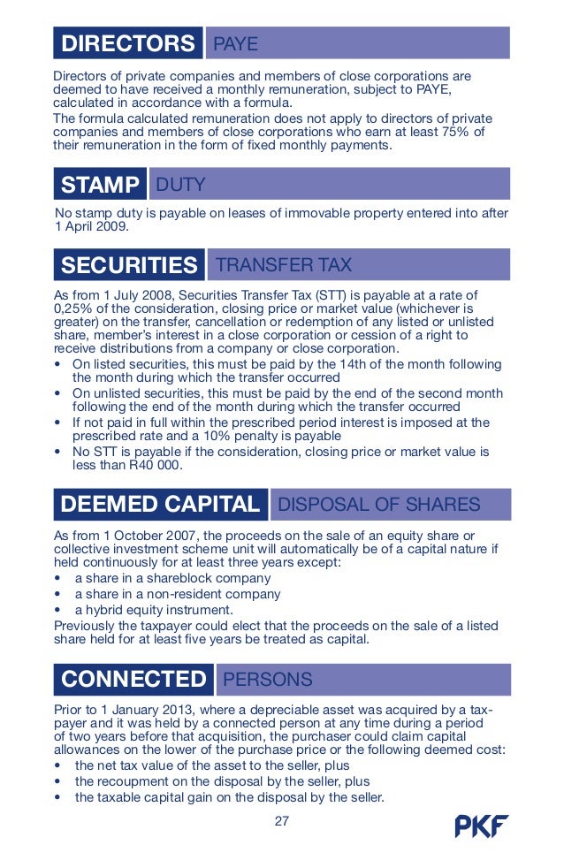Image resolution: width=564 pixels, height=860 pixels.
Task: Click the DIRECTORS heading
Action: coord(127,43)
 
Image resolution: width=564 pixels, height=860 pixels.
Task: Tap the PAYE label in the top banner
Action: coord(235,44)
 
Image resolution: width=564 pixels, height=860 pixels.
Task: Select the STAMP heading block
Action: coord(100,185)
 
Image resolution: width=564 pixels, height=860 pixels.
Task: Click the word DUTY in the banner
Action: coord(180,185)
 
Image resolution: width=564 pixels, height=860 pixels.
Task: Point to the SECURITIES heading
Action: coord(129,265)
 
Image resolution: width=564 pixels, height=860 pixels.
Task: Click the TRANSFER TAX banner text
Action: coord(283,265)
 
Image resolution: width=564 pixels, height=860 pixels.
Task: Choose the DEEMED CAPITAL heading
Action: coord(160,505)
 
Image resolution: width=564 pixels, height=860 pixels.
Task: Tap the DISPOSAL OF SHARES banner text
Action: coord(379,505)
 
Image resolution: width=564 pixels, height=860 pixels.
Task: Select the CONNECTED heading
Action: coord(133,680)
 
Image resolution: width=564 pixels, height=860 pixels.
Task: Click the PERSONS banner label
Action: coord(268,680)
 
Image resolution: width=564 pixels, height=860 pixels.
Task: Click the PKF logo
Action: coord(482,826)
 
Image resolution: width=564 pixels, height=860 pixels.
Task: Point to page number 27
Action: coord(282,821)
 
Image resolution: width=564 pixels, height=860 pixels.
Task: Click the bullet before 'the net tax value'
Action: coord(58,765)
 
